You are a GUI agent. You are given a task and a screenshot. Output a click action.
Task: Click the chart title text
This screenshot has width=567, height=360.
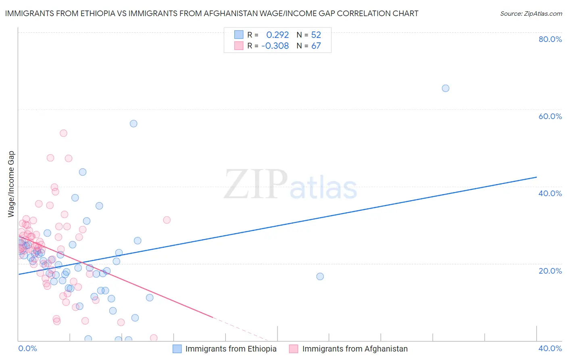212,13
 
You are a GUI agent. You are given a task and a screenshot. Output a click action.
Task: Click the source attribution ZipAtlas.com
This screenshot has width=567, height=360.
531,13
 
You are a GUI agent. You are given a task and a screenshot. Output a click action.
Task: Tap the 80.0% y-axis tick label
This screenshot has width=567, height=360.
550,39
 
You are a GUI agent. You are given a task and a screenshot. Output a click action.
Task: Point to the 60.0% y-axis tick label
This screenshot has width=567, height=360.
550,116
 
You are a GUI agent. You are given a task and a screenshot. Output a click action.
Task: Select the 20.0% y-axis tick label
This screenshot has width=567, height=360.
550,271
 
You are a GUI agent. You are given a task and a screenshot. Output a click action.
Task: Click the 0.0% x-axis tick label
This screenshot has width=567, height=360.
27,348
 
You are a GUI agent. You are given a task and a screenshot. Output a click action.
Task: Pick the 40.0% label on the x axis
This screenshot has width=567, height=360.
550,348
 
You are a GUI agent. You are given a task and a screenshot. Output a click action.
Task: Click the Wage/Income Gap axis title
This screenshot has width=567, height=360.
11,184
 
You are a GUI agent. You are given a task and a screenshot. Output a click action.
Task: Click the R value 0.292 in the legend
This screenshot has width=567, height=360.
277,35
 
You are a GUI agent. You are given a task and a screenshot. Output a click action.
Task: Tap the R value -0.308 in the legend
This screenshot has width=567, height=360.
275,46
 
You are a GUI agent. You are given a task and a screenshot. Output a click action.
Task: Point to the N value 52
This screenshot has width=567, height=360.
316,35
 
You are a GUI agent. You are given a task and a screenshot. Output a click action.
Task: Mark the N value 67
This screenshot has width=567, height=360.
316,46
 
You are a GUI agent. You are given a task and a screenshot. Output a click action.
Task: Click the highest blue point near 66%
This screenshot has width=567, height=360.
445,88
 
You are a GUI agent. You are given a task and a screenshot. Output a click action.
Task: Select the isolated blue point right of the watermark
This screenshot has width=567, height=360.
320,276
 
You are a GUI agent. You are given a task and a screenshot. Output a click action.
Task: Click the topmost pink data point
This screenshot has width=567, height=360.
63,133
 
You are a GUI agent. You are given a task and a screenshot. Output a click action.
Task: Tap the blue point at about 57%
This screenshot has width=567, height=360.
133,123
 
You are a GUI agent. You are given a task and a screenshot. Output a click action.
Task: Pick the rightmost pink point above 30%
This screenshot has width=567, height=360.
167,220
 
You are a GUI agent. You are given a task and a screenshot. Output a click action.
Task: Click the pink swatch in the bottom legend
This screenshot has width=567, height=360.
294,349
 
